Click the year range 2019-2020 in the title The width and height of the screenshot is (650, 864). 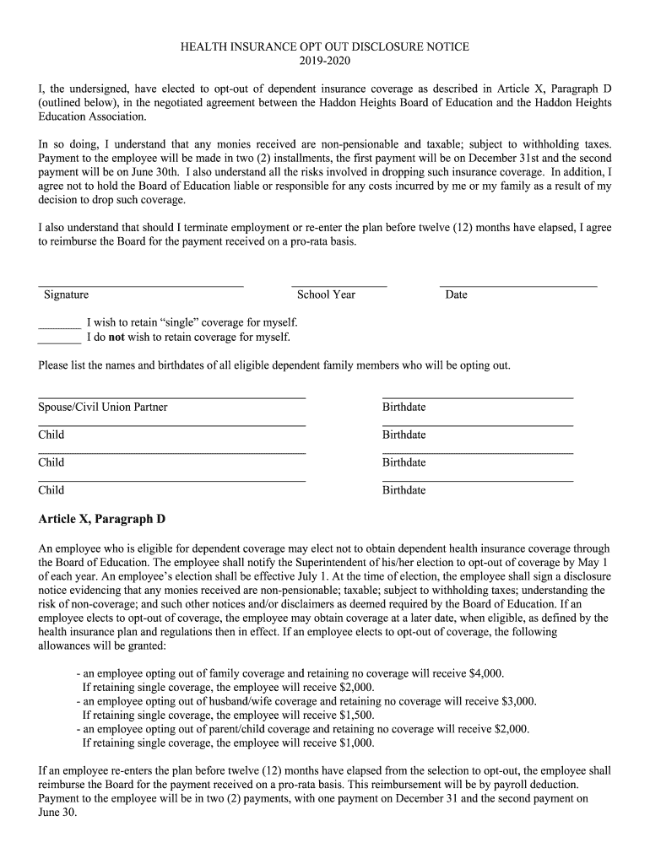click(x=325, y=61)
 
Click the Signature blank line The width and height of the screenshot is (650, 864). click(x=141, y=285)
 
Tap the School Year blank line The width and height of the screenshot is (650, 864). click(x=339, y=285)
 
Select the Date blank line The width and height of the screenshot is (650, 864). click(x=517, y=285)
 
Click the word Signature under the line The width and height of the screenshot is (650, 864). click(x=66, y=294)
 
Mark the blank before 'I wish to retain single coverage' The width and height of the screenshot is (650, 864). click(x=59, y=325)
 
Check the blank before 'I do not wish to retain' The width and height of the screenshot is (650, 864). click(x=59, y=340)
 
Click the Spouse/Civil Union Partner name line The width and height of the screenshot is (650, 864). click(x=171, y=397)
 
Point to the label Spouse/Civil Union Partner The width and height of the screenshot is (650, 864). click(x=103, y=408)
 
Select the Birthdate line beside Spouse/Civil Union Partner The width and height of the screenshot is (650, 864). click(x=477, y=397)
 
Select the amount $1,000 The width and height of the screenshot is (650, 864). click(x=356, y=743)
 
